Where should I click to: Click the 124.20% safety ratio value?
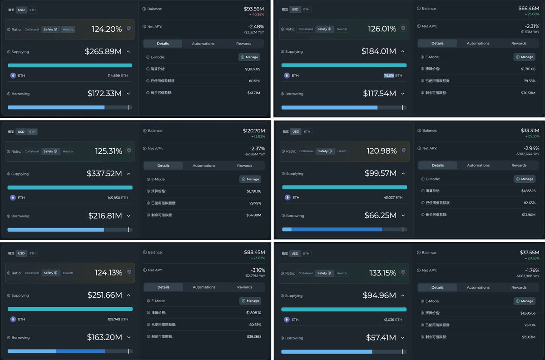pos(107,29)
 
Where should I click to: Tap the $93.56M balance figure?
pos(254,9)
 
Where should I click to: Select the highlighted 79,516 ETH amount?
pos(389,75)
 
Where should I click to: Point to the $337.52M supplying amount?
pos(104,174)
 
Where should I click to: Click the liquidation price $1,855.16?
pos(528,191)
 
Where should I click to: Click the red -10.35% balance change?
pos(256,15)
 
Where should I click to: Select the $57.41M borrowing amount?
pos(381,338)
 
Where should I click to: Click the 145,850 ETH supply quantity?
pos(118,198)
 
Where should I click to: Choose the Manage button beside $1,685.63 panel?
pos(525,301)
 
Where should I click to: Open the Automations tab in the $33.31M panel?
pos(478,165)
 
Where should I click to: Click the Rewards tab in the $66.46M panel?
pos(519,43)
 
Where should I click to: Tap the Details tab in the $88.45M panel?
pos(163,287)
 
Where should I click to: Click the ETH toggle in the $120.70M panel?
pos(32,132)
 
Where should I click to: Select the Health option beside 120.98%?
pos(342,151)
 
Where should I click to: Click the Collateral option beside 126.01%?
pos(306,29)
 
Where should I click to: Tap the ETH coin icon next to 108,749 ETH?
pos(13,320)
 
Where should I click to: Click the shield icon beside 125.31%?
pos(129,150)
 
